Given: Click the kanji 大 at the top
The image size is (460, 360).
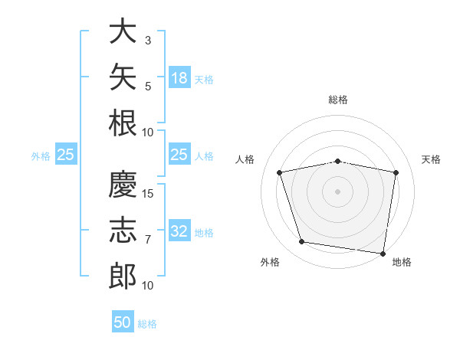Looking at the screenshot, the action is tap(123, 31).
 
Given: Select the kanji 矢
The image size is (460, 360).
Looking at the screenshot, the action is tap(123, 77).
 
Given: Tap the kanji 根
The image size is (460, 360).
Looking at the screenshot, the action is tap(123, 123).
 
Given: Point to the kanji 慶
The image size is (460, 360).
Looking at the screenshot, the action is tap(123, 184).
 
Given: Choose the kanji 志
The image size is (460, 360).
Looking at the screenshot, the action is tap(123, 230).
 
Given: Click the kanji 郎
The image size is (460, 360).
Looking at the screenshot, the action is tap(123, 276).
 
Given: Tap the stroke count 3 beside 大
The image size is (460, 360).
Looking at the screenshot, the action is tap(148, 41).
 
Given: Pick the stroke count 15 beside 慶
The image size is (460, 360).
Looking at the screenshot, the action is tap(147, 194).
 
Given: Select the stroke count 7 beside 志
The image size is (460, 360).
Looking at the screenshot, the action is tap(148, 240).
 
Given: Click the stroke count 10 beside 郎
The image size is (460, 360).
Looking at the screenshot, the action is tap(147, 286).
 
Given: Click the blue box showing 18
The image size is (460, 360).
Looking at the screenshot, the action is tap(179, 77).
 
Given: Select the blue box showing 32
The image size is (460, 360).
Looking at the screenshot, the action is tap(179, 230).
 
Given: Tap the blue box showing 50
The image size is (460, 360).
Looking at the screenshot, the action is tap(123, 321).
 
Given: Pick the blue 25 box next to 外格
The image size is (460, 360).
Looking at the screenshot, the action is tap(66, 154).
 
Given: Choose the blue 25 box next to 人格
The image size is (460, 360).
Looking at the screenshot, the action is tap(179, 154).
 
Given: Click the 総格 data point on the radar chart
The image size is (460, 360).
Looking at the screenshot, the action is tap(337, 162).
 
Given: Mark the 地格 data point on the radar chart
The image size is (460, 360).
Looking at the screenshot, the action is tap(383, 254).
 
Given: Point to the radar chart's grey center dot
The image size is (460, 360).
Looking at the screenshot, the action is tap(337, 191).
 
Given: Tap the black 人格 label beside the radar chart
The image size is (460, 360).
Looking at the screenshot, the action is tap(245, 159).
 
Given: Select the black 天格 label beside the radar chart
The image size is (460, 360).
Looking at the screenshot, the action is tap(431, 159).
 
